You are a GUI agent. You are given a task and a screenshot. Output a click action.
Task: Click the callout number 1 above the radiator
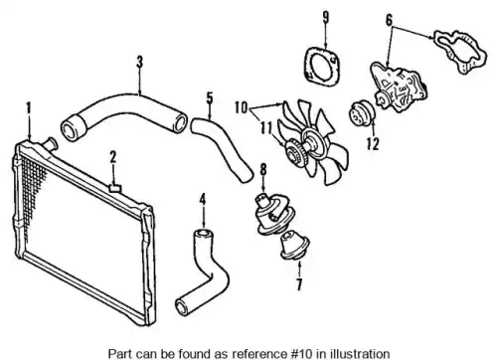coord(29,107)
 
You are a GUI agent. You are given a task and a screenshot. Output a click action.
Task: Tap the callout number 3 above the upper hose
coord(140,62)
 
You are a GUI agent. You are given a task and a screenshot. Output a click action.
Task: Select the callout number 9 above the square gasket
coord(326,17)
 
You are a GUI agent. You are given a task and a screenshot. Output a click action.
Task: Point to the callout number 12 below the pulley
coord(373,143)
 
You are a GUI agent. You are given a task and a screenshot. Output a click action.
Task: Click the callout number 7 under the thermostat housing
coord(299,284)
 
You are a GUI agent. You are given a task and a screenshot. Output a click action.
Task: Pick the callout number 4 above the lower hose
coord(203,199)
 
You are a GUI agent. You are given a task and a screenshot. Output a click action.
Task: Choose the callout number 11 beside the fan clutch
coord(266,128)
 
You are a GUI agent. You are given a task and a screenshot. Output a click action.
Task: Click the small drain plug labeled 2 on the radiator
coord(115,189)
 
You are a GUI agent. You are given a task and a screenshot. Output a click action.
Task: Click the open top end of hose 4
coord(203,234)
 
